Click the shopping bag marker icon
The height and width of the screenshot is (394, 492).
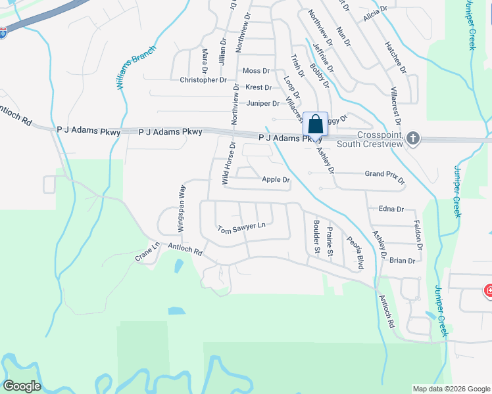315,124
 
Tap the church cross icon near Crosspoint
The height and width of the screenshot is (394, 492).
412,138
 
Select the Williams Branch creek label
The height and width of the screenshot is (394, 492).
137,68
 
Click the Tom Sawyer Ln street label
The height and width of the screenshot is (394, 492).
241,227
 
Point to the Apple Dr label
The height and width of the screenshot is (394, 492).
276,179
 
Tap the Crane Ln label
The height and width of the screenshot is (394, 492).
147,253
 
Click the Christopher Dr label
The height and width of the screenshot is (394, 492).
203,80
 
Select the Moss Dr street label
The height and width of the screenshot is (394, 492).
256,71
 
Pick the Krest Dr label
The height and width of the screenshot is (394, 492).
258,87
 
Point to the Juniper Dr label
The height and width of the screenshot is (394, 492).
263,103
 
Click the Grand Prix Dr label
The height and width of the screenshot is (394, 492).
385,175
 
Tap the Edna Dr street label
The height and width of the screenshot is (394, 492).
391,209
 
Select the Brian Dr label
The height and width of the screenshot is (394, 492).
402,261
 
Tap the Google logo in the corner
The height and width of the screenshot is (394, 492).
22,386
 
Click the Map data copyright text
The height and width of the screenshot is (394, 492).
451,389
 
